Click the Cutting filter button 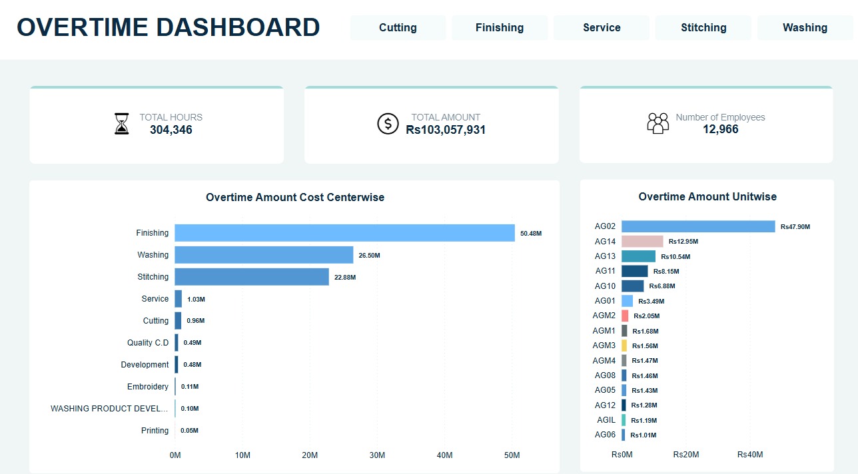[x=398, y=28]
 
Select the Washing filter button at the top [x=805, y=28]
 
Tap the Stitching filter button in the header [x=703, y=28]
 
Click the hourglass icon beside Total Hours [x=121, y=124]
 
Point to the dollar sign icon [x=388, y=124]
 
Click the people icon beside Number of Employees [x=657, y=123]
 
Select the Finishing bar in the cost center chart [x=344, y=233]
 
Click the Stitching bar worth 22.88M [x=252, y=277]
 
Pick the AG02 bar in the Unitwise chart [x=698, y=226]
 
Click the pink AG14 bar [x=642, y=242]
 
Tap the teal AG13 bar [x=638, y=256]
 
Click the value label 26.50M [x=369, y=256]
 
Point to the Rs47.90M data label [x=795, y=227]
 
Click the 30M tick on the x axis [x=377, y=455]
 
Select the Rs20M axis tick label [x=686, y=455]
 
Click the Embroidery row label [x=148, y=387]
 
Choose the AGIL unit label [x=606, y=420]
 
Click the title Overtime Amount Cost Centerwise [x=295, y=197]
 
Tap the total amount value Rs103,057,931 [x=446, y=130]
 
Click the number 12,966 [x=720, y=129]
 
